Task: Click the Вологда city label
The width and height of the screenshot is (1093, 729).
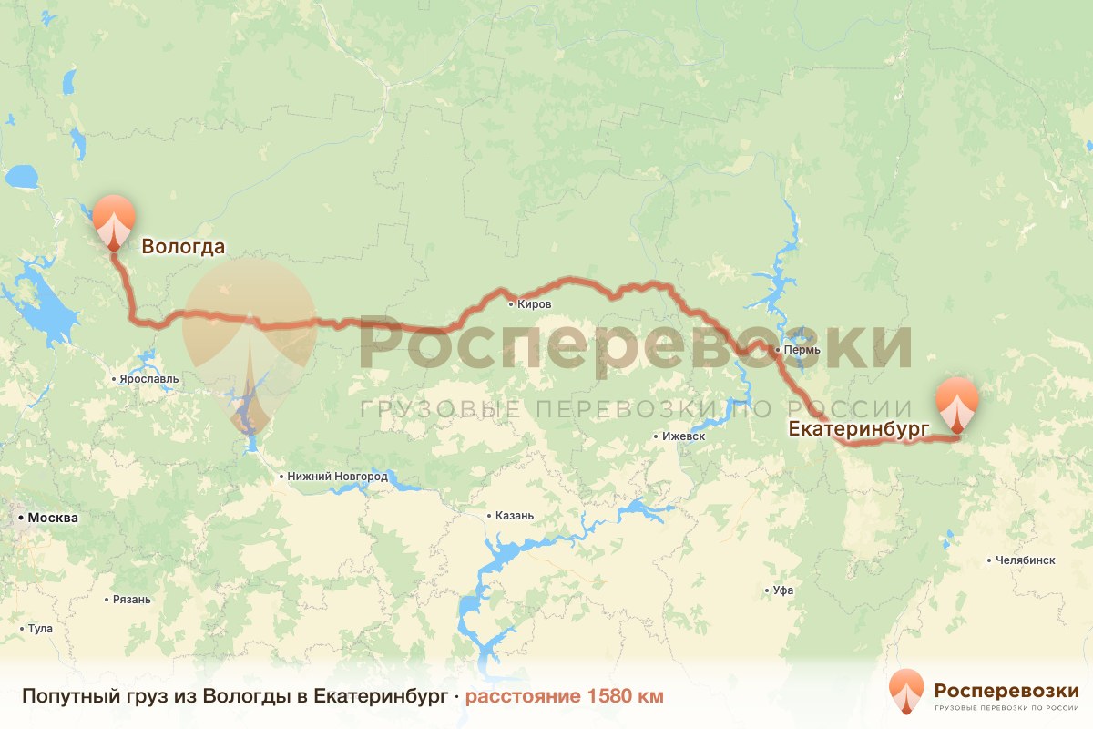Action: [x=182, y=246]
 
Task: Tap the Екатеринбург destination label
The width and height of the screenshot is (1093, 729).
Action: [x=858, y=428]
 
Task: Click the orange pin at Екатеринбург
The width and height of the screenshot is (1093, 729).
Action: [x=957, y=404]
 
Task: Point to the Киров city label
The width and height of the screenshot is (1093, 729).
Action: [x=534, y=304]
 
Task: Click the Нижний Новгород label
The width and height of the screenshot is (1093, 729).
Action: [x=337, y=476]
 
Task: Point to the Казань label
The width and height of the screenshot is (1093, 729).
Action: [x=515, y=516]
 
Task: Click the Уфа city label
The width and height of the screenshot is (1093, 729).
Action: [x=783, y=590]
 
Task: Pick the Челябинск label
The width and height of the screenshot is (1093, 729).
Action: [x=1026, y=560]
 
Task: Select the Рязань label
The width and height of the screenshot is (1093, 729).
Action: [x=132, y=600]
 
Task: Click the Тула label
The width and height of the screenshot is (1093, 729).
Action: [x=41, y=629]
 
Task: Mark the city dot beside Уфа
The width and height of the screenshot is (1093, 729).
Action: [x=766, y=590]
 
